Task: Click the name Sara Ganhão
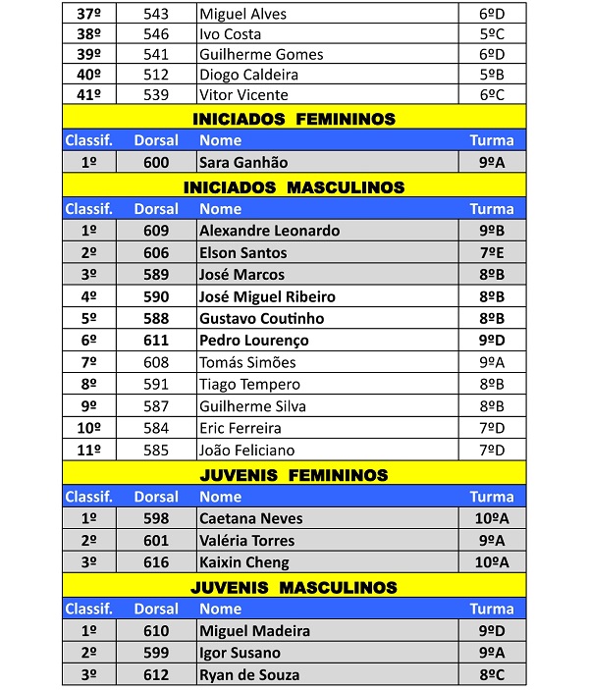[242, 163]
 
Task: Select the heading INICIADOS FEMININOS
[294, 119]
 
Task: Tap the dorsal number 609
[156, 231]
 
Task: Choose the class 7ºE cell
[491, 253]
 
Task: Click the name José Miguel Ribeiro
[267, 296]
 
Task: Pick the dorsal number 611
[156, 341]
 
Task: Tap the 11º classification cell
[88, 451]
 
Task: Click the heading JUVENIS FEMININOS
[294, 475]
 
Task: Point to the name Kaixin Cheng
[243, 562]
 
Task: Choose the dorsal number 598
[156, 518]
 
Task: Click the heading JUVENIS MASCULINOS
[294, 587]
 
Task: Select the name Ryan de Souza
[249, 675]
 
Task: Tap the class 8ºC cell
[491, 675]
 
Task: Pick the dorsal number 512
[156, 75]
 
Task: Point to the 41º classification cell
[88, 95]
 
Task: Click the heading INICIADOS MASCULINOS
[294, 186]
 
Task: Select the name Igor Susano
[240, 653]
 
